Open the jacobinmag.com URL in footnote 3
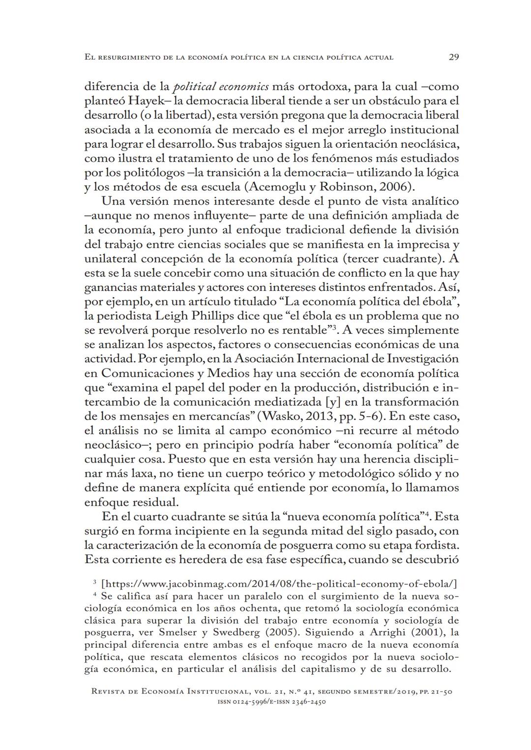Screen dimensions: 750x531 click(x=279, y=584)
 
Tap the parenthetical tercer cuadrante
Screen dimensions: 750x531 click(x=393, y=259)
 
